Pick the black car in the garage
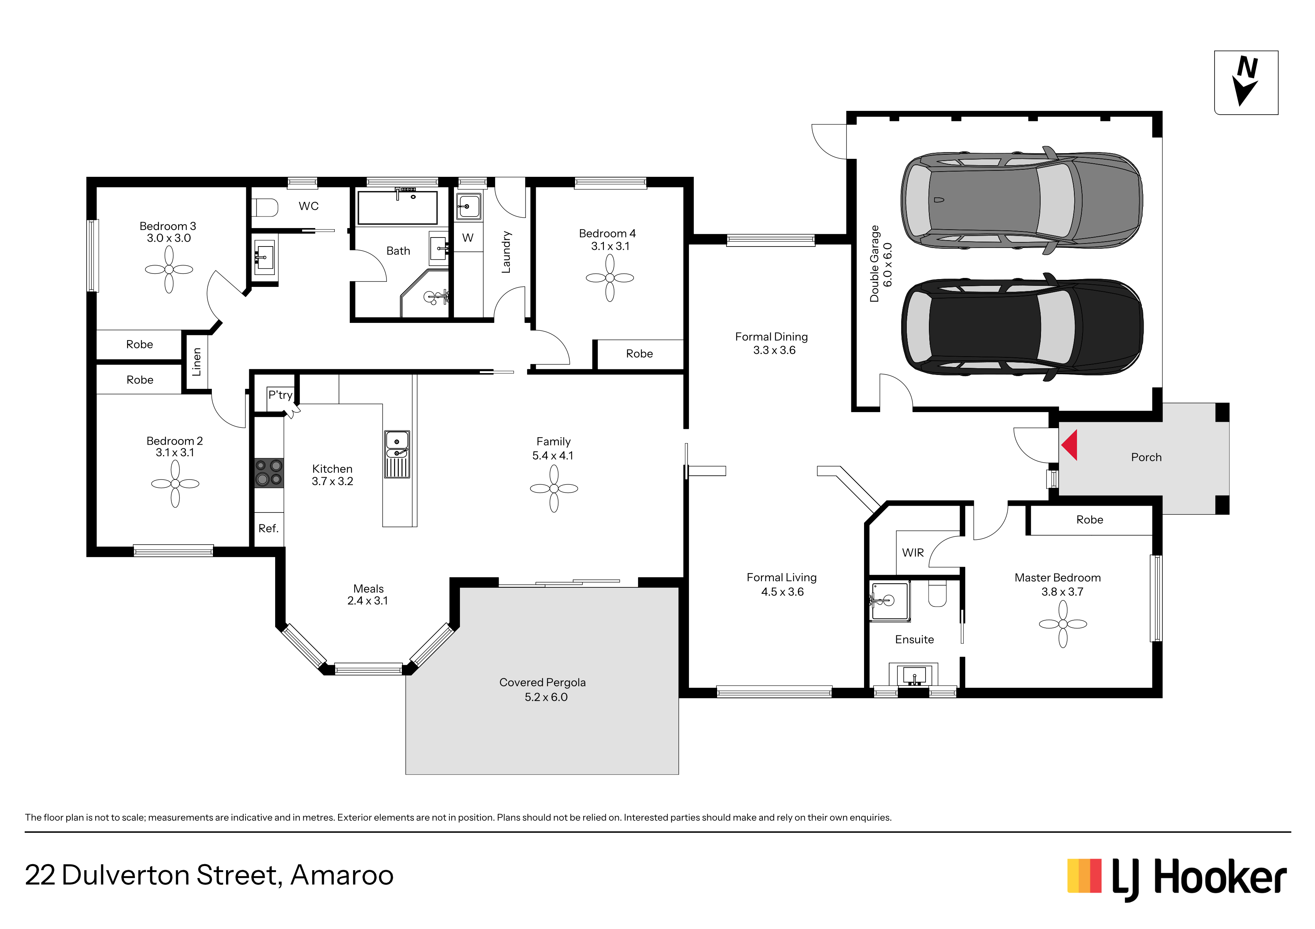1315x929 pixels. click(x=1022, y=327)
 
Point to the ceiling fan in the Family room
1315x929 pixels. click(x=554, y=488)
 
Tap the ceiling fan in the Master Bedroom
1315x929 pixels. click(x=1063, y=624)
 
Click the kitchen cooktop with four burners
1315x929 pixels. click(x=269, y=473)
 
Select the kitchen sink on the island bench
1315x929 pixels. click(x=397, y=454)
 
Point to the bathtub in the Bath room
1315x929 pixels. click(x=397, y=207)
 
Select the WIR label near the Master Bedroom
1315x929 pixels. click(x=913, y=553)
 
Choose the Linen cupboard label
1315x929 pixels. click(x=196, y=362)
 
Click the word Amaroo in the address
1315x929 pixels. click(x=342, y=875)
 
